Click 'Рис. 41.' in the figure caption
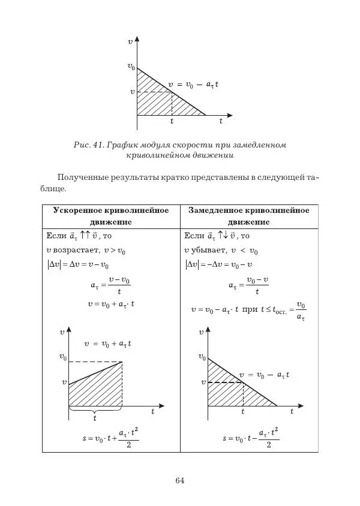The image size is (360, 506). tap(88, 145)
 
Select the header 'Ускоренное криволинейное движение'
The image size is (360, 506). tap(111, 216)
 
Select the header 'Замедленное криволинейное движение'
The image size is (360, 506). tap(248, 216)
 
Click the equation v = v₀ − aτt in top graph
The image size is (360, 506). tap(193, 85)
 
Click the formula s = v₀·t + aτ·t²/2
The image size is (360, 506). tap(111, 438)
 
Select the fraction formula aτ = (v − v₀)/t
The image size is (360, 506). tap(111, 285)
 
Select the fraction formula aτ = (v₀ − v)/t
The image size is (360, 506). tap(248, 285)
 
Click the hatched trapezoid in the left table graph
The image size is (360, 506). tap(96, 390)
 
